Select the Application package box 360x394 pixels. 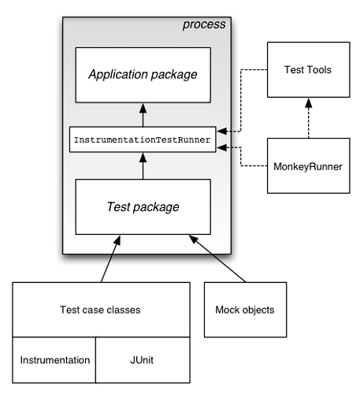143,76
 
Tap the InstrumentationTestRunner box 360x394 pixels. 143,139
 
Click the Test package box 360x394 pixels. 143,207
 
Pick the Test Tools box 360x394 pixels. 308,69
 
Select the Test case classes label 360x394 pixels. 101,309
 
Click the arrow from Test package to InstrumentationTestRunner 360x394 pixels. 143,166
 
